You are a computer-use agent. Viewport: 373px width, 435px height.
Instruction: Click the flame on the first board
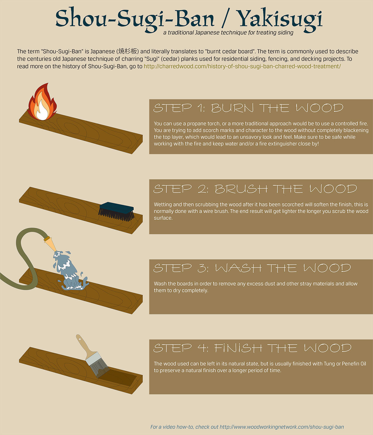(42, 103)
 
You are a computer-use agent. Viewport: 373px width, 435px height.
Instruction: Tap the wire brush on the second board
(116, 212)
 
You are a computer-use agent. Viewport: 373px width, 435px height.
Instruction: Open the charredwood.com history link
(242, 66)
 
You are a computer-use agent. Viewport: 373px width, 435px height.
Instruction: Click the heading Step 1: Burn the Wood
(248, 108)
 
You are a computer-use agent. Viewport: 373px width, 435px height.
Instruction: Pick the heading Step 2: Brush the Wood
(255, 189)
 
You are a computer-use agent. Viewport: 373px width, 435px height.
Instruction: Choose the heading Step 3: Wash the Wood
(252, 268)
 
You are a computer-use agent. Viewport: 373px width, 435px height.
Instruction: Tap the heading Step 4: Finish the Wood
(252, 348)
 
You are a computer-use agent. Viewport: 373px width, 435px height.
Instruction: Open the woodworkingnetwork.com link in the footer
(282, 427)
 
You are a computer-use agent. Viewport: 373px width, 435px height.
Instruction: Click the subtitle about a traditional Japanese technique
(228, 33)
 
